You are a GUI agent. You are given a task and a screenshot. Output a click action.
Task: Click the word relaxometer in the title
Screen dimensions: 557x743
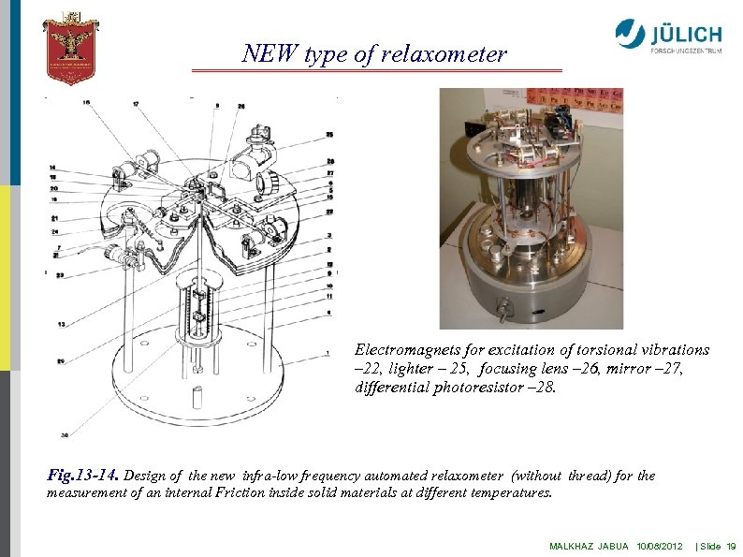pos(444,54)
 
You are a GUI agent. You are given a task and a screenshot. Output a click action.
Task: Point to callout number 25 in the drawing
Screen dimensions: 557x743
pos(329,135)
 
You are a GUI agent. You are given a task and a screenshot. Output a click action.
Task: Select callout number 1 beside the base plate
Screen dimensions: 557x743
pos(328,353)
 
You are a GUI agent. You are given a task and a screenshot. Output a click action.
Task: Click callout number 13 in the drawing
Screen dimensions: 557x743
pos(61,324)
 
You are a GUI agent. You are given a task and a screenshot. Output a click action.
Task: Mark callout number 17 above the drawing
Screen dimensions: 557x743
pos(136,103)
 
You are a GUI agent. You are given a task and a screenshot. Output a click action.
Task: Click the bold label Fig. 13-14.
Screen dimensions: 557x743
pos(82,476)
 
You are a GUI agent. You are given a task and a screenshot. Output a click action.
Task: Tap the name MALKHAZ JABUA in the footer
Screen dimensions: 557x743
pos(589,545)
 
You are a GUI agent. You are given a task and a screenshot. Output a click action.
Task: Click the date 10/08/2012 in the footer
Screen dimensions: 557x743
pos(660,545)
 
